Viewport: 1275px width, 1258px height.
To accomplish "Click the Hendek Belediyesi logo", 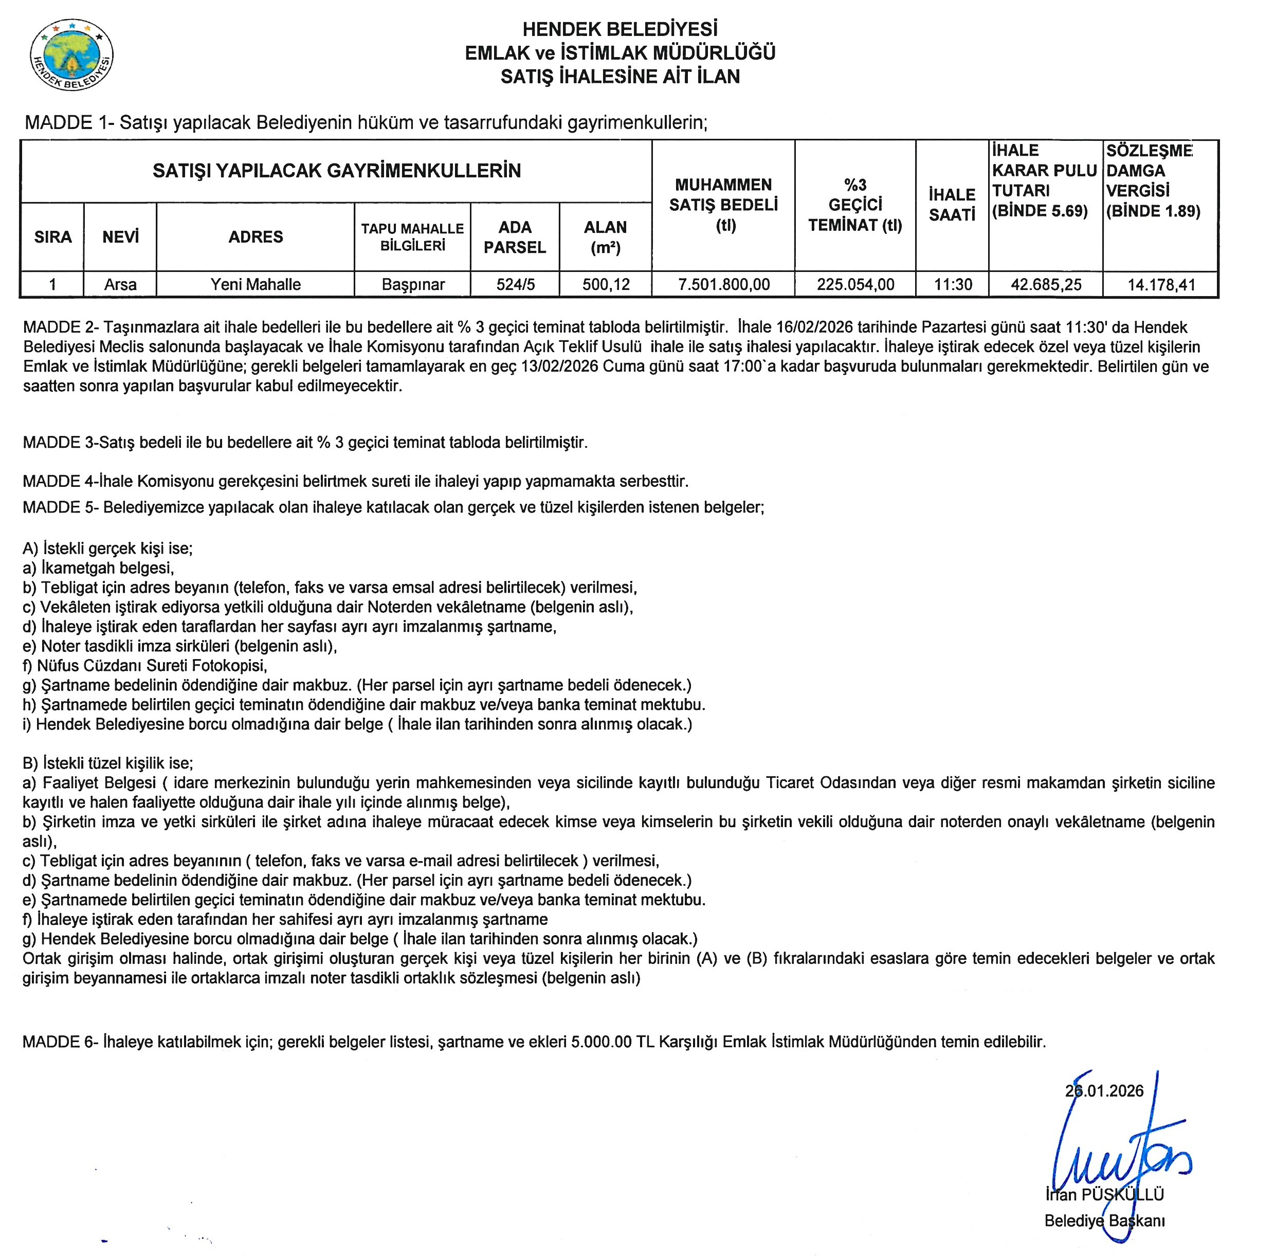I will [x=71, y=56].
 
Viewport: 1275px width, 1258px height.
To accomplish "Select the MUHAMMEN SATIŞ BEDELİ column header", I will [x=723, y=205].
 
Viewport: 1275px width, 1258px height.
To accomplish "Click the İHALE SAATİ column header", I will [x=952, y=205].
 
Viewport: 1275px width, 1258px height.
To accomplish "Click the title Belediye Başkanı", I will [x=1104, y=1221].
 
